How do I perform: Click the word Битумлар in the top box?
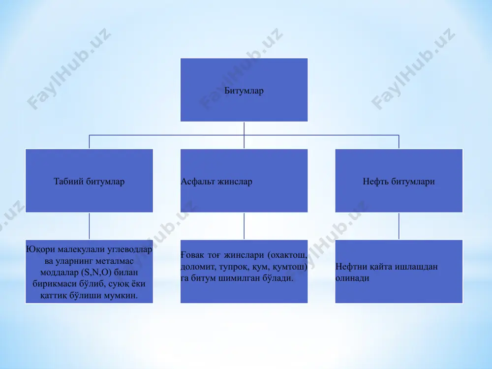pyautogui.click(x=244, y=91)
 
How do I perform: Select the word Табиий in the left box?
pyautogui.click(x=68, y=182)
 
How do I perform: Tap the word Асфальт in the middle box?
pyautogui.click(x=197, y=182)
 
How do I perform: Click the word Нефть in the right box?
pyautogui.click(x=374, y=182)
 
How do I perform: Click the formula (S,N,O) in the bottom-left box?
pyautogui.click(x=96, y=272)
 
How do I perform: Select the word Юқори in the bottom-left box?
pyautogui.click(x=40, y=249)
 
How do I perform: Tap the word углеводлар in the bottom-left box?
pyautogui.click(x=129, y=249)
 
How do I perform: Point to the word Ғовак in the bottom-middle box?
pyautogui.click(x=192, y=255)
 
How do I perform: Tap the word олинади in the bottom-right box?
pyautogui.click(x=352, y=278)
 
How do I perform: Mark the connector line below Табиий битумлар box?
pyautogui.click(x=89, y=226)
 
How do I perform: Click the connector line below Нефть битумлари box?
pyautogui.click(x=399, y=226)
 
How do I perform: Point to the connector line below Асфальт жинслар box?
pyautogui.click(x=244, y=226)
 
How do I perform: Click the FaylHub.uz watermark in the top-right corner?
pyautogui.click(x=413, y=69)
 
